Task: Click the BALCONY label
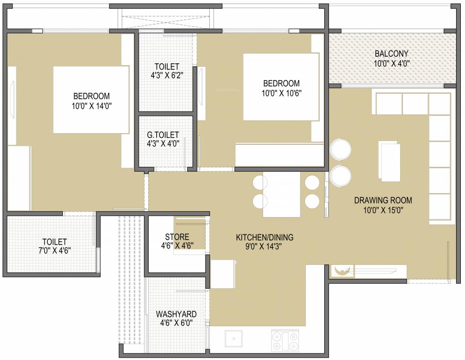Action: point(391,53)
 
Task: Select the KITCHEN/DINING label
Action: point(264,237)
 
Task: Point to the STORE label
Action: point(177,237)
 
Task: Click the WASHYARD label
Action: point(176,314)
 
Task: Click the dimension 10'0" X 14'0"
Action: point(91,106)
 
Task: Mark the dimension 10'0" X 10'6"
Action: point(281,93)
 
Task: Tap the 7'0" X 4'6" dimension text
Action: point(54,251)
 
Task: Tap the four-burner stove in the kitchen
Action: point(285,341)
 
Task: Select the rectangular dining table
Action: point(281,195)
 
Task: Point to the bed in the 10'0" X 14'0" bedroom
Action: point(91,99)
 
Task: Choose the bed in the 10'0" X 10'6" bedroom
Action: point(281,87)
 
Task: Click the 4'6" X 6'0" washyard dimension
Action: point(176,322)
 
